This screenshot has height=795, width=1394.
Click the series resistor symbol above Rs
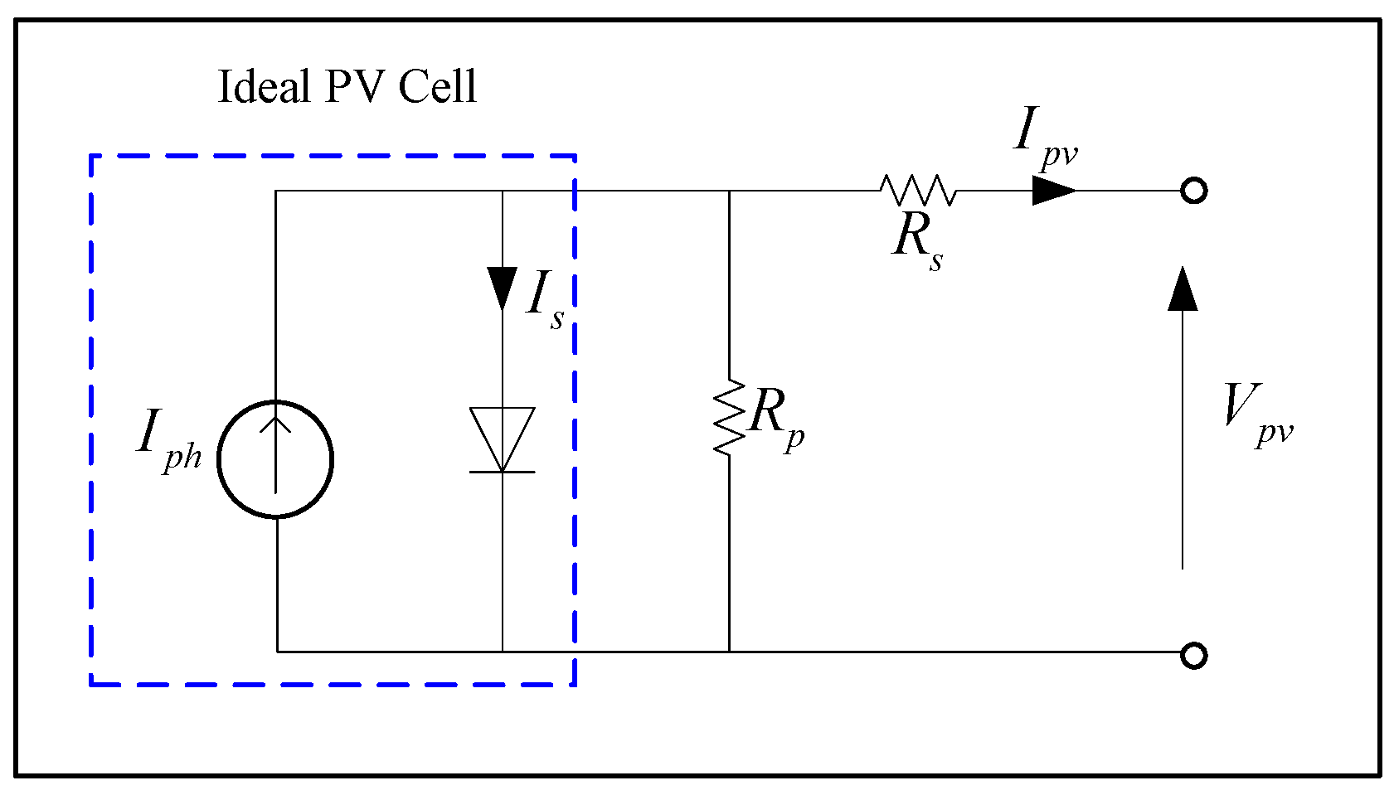(x=918, y=191)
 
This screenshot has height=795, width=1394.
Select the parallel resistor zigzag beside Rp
(x=729, y=417)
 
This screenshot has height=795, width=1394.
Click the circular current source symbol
(x=275, y=459)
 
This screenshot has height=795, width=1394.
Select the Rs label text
(x=917, y=240)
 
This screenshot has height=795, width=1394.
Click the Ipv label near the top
(x=1043, y=137)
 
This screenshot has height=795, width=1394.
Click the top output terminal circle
(x=1193, y=191)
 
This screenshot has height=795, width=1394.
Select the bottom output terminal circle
(x=1193, y=656)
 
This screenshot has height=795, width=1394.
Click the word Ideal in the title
(x=263, y=86)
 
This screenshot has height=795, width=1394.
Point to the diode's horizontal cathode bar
(x=502, y=472)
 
